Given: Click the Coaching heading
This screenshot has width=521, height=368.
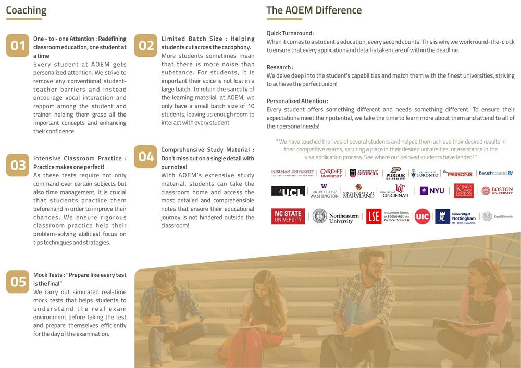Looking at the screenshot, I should point(26,10).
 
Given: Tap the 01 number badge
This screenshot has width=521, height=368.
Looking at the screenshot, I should point(18,46).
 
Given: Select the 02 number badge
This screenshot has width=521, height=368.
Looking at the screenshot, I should point(146,46).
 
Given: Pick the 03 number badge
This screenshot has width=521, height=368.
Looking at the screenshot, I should point(18,165).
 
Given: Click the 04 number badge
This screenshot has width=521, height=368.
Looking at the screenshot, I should point(146,156).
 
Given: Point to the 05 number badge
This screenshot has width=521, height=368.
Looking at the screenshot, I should point(18,282).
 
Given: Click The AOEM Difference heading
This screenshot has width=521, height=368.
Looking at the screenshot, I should point(314,10).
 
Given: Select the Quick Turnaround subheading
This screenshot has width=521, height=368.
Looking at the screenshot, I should point(290,33).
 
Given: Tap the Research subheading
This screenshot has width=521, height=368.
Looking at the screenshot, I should point(280,67).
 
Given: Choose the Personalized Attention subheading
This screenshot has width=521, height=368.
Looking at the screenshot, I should point(297,101).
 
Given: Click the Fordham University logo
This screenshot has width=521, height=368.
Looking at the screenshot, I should point(292,173).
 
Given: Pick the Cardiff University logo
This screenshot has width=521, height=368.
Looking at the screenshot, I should point(331,173).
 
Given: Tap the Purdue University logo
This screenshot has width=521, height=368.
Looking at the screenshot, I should point(395,173).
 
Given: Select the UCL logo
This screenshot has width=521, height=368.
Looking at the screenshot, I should point(288,191).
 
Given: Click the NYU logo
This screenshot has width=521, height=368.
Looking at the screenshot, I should point(432,191).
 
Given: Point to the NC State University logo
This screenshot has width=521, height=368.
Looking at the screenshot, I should point(288,216).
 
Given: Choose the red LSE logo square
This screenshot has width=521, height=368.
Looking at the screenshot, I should point(374,216).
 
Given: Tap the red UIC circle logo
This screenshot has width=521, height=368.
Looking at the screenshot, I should point(423,216).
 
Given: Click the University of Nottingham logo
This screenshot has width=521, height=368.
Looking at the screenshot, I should point(457,216).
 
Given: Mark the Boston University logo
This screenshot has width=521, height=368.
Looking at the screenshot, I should point(497,191).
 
